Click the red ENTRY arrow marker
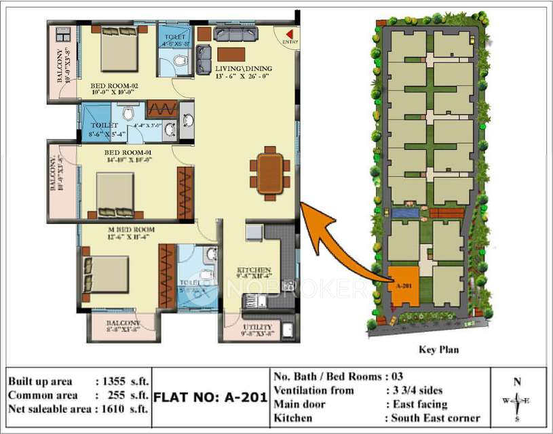pos(290,34)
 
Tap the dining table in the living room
pos(270,173)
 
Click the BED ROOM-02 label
pos(114,85)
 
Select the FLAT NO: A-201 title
pos(210,397)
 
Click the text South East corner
pos(435,418)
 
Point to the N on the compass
pos(517,382)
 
